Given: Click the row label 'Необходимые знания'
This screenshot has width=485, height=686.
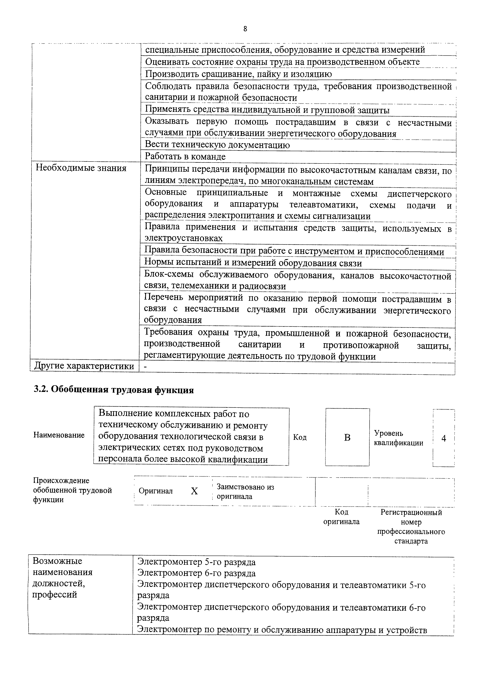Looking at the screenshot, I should tap(81, 168).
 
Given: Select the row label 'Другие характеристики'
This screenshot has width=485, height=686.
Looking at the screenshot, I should tap(84, 366).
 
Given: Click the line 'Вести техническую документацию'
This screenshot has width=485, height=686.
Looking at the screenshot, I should tap(217, 145).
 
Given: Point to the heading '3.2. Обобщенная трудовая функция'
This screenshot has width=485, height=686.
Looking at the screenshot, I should tap(113, 390).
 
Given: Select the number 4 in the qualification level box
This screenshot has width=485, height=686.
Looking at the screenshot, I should tap(444, 438).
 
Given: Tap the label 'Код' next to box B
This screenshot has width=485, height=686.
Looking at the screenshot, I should tap(300, 437).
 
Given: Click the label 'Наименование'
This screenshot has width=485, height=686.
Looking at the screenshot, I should tap(59, 435).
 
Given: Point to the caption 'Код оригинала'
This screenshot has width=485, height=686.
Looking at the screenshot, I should tap(341, 517).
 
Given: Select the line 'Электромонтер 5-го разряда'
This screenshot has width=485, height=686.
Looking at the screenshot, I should tap(196, 562).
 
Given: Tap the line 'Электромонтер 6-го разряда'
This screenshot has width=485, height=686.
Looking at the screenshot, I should tap(196, 573).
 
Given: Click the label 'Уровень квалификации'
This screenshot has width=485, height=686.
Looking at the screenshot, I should tap(398, 438).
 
